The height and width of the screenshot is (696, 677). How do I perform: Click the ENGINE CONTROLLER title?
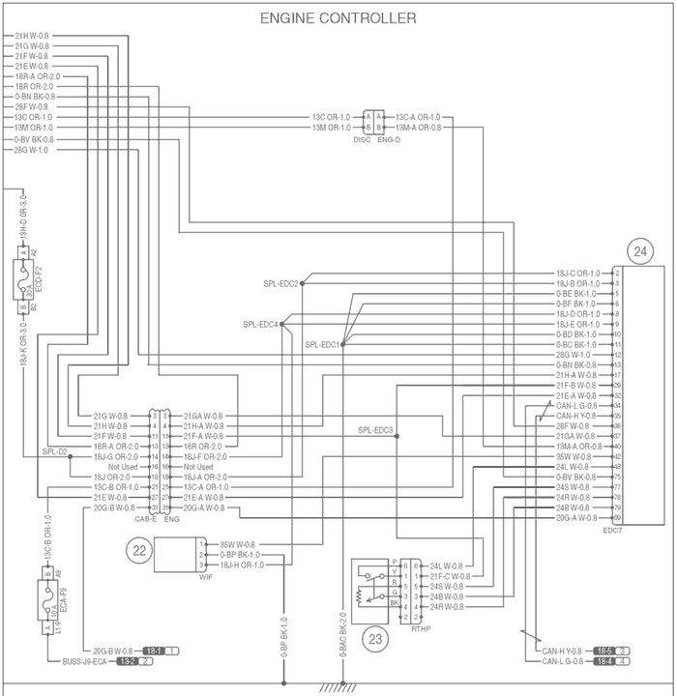(x=338, y=18)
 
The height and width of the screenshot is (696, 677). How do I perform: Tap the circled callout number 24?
(x=639, y=251)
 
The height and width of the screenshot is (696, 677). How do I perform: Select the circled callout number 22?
(x=140, y=550)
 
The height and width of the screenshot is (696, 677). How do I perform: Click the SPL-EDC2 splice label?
(x=281, y=283)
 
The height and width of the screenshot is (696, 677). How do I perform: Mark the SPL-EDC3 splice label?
(x=375, y=430)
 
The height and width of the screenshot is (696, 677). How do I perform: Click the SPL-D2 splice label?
(x=54, y=451)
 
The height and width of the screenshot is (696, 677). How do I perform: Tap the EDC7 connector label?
(x=611, y=531)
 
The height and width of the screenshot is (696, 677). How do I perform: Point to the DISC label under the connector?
(x=363, y=139)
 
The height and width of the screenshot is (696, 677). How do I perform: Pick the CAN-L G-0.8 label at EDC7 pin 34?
(x=577, y=405)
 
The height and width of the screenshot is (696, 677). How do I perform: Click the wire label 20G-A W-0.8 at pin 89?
(x=577, y=518)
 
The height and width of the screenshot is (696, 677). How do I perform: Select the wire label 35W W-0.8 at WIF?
(x=238, y=544)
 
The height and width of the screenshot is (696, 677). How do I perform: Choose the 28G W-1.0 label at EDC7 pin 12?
(x=577, y=355)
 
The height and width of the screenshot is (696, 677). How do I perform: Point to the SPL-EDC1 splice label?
(x=322, y=344)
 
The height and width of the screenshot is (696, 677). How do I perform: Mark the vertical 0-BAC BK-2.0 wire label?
(x=343, y=638)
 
